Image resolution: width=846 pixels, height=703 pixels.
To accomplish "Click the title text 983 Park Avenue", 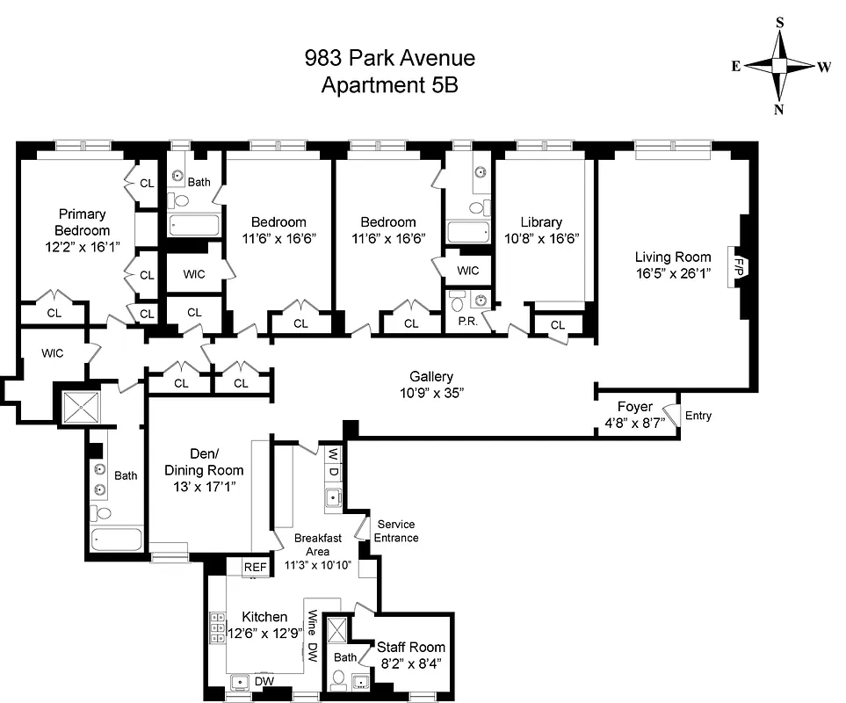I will tap(389, 59).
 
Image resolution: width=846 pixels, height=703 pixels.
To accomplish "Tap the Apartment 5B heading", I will tap(389, 85).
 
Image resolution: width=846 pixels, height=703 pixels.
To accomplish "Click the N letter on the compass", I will tap(778, 109).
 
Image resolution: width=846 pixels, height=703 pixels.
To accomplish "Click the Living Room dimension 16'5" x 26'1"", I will tap(673, 273).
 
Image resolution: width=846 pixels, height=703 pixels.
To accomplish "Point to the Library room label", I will tap(540, 222).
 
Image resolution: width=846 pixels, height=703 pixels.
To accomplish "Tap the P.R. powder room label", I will tap(466, 323).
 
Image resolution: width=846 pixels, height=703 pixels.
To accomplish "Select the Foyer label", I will tap(634, 407).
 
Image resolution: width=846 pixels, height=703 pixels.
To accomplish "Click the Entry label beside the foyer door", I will tap(698, 416).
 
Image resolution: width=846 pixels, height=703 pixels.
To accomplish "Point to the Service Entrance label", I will tap(396, 531).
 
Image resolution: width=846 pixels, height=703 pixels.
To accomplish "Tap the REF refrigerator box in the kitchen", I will tap(255, 568).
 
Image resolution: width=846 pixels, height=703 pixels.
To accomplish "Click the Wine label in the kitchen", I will tap(310, 625).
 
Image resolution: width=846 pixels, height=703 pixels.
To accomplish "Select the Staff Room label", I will tap(409, 647).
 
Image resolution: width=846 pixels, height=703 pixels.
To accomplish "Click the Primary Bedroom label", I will tap(82, 221).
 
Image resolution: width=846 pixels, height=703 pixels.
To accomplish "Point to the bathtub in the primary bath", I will tap(116, 539).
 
